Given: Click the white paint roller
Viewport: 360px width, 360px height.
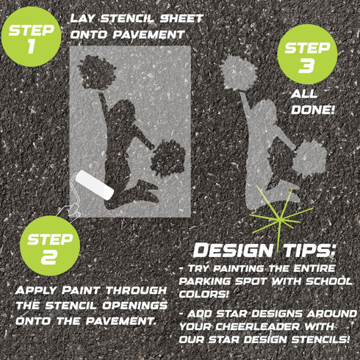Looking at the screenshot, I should [95, 183].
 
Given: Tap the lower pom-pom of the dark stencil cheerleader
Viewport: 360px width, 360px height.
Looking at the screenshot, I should [168, 157].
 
